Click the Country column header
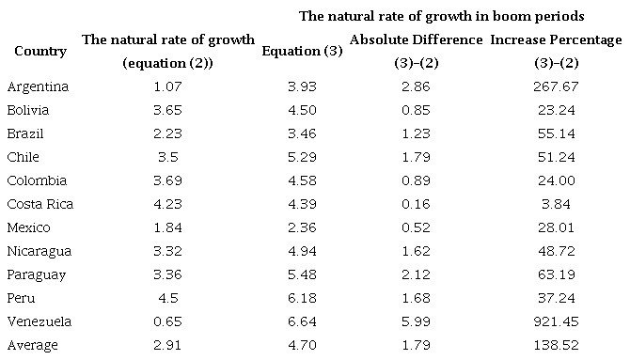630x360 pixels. (x=40, y=51)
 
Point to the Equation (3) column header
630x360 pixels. (x=301, y=51)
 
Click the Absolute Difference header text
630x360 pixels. (x=416, y=40)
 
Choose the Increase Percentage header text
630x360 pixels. (x=556, y=40)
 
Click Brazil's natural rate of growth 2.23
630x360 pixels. (x=168, y=133)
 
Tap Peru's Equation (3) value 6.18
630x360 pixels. (x=301, y=298)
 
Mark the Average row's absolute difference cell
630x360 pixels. (x=416, y=345)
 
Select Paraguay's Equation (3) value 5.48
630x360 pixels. (x=301, y=274)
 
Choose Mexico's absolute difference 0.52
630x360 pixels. (x=416, y=227)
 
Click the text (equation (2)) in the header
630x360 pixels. (x=168, y=63)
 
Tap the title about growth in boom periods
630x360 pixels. (x=441, y=16)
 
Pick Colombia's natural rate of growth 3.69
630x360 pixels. (x=168, y=180)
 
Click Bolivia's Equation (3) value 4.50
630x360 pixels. (x=301, y=110)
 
